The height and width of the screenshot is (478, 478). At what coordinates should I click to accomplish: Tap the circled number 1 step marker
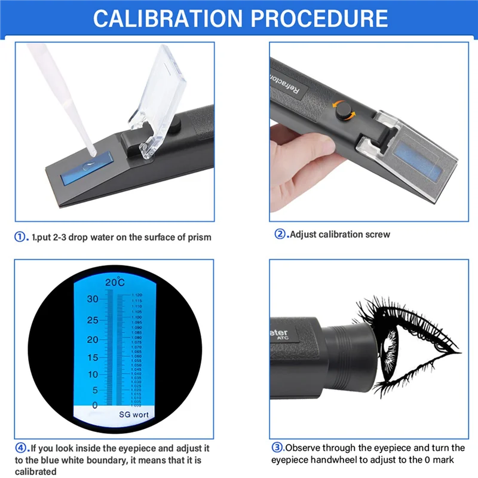(20, 237)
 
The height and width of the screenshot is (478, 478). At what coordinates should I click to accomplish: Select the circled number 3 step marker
(277, 448)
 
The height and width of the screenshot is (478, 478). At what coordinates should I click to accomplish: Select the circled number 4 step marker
(21, 448)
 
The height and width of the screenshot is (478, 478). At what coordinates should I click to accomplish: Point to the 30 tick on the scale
(92, 299)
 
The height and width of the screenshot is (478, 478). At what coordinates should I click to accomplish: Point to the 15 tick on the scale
(92, 357)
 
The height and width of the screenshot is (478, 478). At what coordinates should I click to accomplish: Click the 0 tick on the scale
(94, 405)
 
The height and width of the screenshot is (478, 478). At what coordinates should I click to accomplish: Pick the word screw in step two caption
(377, 234)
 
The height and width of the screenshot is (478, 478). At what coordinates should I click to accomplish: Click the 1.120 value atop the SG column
(136, 295)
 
